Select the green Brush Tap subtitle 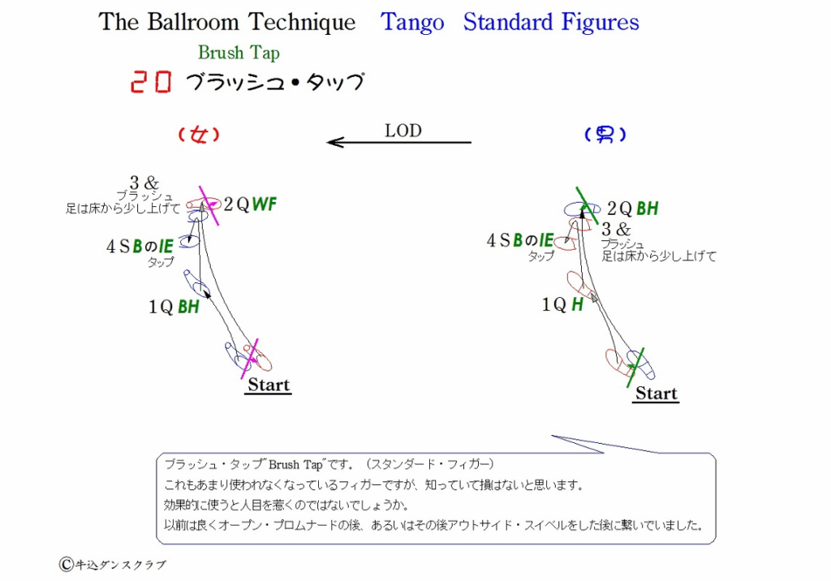tap(239, 53)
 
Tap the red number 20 tap(151, 82)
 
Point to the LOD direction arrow tap(399, 142)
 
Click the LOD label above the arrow tap(403, 131)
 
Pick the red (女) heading tap(199, 135)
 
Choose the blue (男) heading tap(605, 135)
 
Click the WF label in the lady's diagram tap(265, 204)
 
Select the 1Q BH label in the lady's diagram tap(174, 307)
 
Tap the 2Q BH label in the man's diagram tap(632, 209)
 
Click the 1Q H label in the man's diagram tap(562, 304)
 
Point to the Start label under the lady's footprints tap(268, 385)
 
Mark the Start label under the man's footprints tap(656, 393)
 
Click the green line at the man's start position tap(635, 368)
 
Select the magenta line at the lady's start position tap(250, 359)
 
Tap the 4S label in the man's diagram tap(499, 240)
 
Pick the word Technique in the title tap(302, 22)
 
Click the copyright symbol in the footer tap(67, 564)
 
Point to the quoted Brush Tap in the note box tap(295, 465)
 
